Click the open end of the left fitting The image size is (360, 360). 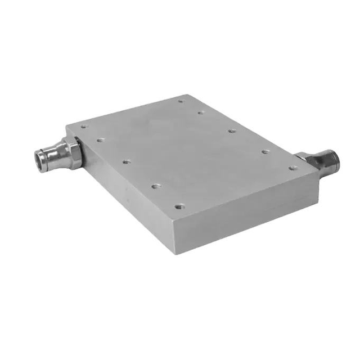click(x=40, y=157)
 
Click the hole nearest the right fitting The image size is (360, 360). click(x=292, y=167)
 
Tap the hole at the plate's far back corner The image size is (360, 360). click(x=181, y=101)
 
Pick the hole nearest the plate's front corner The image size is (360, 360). click(x=179, y=206)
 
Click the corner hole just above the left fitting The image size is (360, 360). click(x=84, y=127)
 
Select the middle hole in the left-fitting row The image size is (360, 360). click(x=127, y=162)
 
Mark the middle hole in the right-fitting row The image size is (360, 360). click(x=232, y=130)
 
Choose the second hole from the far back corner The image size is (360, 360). click(x=201, y=112)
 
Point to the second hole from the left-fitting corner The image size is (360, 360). click(x=101, y=140)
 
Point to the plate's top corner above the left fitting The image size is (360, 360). click(x=67, y=125)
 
